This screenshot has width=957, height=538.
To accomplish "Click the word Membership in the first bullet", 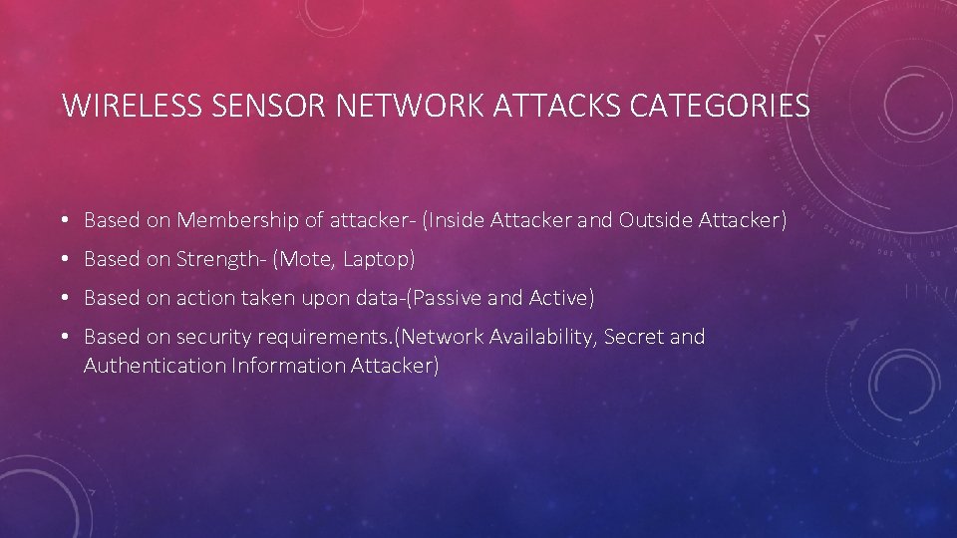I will coord(236,220).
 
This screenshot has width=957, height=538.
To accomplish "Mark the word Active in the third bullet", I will coord(564,298).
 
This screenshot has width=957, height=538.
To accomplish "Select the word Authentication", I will coord(155,366).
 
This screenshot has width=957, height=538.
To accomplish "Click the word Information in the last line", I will coord(288,366).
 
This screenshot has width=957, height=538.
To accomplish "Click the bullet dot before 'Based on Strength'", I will coord(63,260).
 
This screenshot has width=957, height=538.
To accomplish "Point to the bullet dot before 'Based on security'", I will coord(63,338).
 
